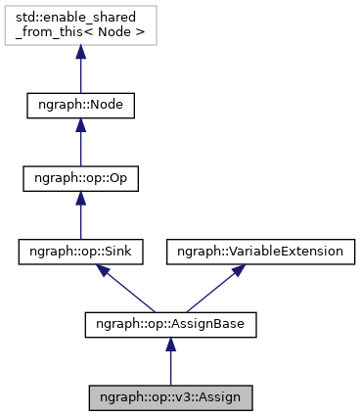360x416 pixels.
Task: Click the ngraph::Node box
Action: [x=80, y=106]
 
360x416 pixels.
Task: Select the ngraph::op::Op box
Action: [x=80, y=179]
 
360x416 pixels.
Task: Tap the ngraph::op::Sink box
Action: [x=80, y=252]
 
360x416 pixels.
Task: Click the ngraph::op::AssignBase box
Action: [x=170, y=325]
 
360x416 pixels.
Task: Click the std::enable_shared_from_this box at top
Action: [x=80, y=26]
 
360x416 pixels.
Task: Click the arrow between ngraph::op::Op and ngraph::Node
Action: [x=80, y=145]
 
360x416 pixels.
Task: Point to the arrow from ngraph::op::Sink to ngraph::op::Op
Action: [x=80, y=217]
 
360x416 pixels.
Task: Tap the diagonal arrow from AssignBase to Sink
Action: [x=127, y=290]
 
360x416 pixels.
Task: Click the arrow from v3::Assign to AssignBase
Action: [x=170, y=364]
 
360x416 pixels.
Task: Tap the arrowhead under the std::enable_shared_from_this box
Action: [x=80, y=57]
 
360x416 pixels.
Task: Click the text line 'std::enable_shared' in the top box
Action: [x=80, y=19]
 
